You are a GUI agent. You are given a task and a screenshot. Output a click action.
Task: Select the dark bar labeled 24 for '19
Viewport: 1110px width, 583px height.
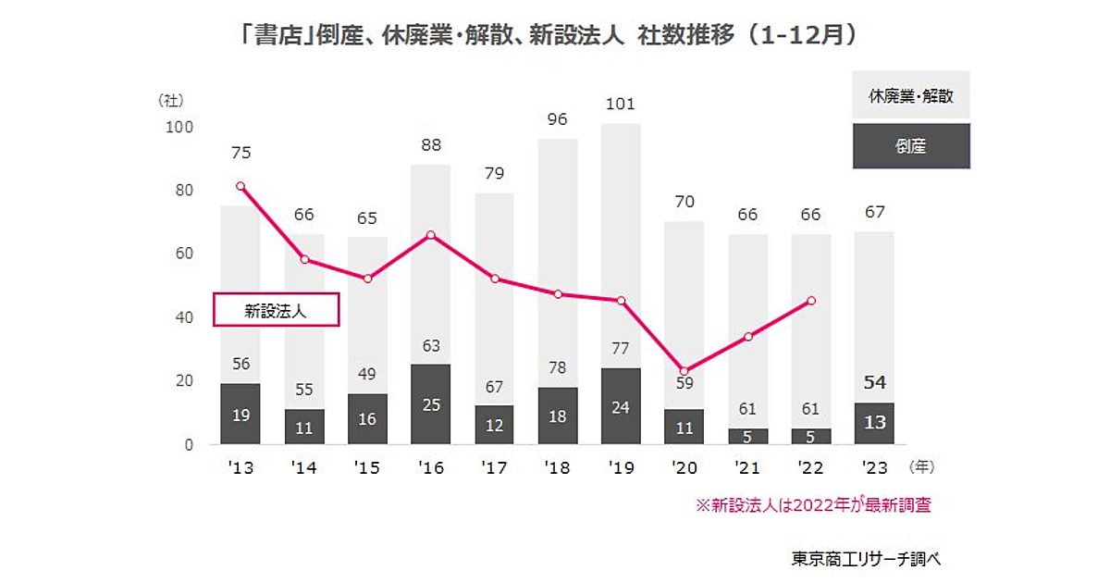[x=621, y=406]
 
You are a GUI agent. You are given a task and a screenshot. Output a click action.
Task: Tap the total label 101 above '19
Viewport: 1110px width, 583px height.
[x=621, y=104]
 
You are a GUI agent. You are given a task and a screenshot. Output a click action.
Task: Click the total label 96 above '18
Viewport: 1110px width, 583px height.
[x=557, y=119]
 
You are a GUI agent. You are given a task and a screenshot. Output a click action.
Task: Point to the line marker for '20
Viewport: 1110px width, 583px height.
[x=684, y=371]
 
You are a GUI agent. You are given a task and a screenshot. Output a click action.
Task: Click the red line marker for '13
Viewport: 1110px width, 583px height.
[x=240, y=186]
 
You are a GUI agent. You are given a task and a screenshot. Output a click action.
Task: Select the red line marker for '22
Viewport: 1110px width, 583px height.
[x=811, y=300]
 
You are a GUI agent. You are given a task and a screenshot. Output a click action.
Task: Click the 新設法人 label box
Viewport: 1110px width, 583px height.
[x=277, y=311]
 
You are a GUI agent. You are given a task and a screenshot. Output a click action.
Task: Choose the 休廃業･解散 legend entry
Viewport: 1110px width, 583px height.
[x=910, y=95]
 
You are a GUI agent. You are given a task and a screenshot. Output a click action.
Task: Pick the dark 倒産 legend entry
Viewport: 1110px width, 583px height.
[x=910, y=146]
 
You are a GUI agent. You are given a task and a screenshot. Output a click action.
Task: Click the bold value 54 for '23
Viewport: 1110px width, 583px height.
[x=874, y=384]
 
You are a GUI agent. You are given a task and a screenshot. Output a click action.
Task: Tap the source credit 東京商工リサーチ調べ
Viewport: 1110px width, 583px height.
[x=866, y=559]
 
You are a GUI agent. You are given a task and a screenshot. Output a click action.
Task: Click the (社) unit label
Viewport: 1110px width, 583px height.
[x=173, y=99]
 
